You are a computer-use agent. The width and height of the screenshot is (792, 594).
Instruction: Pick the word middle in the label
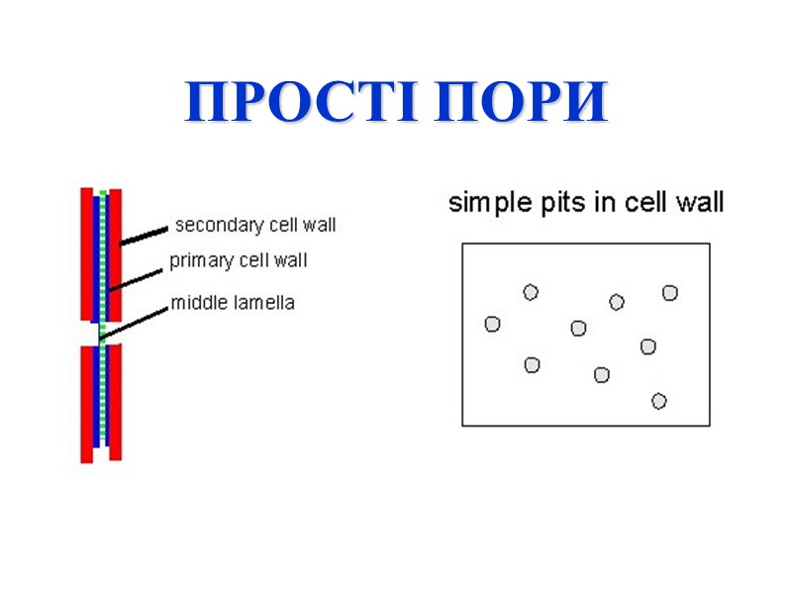(x=197, y=303)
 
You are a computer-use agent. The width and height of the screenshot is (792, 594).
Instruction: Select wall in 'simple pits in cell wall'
(x=701, y=203)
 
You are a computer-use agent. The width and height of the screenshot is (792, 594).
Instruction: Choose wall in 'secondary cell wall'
(x=320, y=226)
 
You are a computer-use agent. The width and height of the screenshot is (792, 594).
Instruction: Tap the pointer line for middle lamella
(x=134, y=322)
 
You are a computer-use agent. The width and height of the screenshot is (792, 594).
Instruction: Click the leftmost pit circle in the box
(x=492, y=324)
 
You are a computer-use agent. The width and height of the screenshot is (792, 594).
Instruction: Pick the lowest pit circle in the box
(x=658, y=401)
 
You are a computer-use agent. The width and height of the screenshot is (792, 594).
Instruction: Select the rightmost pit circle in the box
(x=670, y=292)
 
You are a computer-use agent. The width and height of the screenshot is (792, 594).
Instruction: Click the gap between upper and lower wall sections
(x=101, y=334)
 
